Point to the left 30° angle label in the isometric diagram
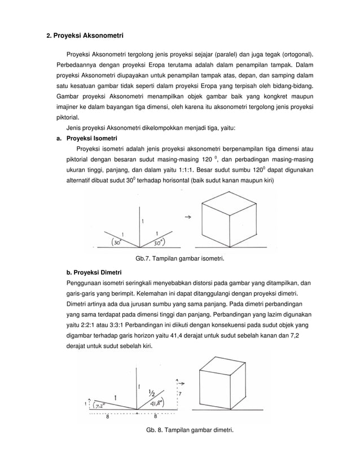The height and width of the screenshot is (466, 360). tap(117, 243)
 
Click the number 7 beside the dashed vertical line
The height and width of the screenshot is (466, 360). tap(179, 394)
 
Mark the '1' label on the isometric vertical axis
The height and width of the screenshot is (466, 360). tap(142, 221)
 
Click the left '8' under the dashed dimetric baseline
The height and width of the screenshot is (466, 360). tap(107, 417)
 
